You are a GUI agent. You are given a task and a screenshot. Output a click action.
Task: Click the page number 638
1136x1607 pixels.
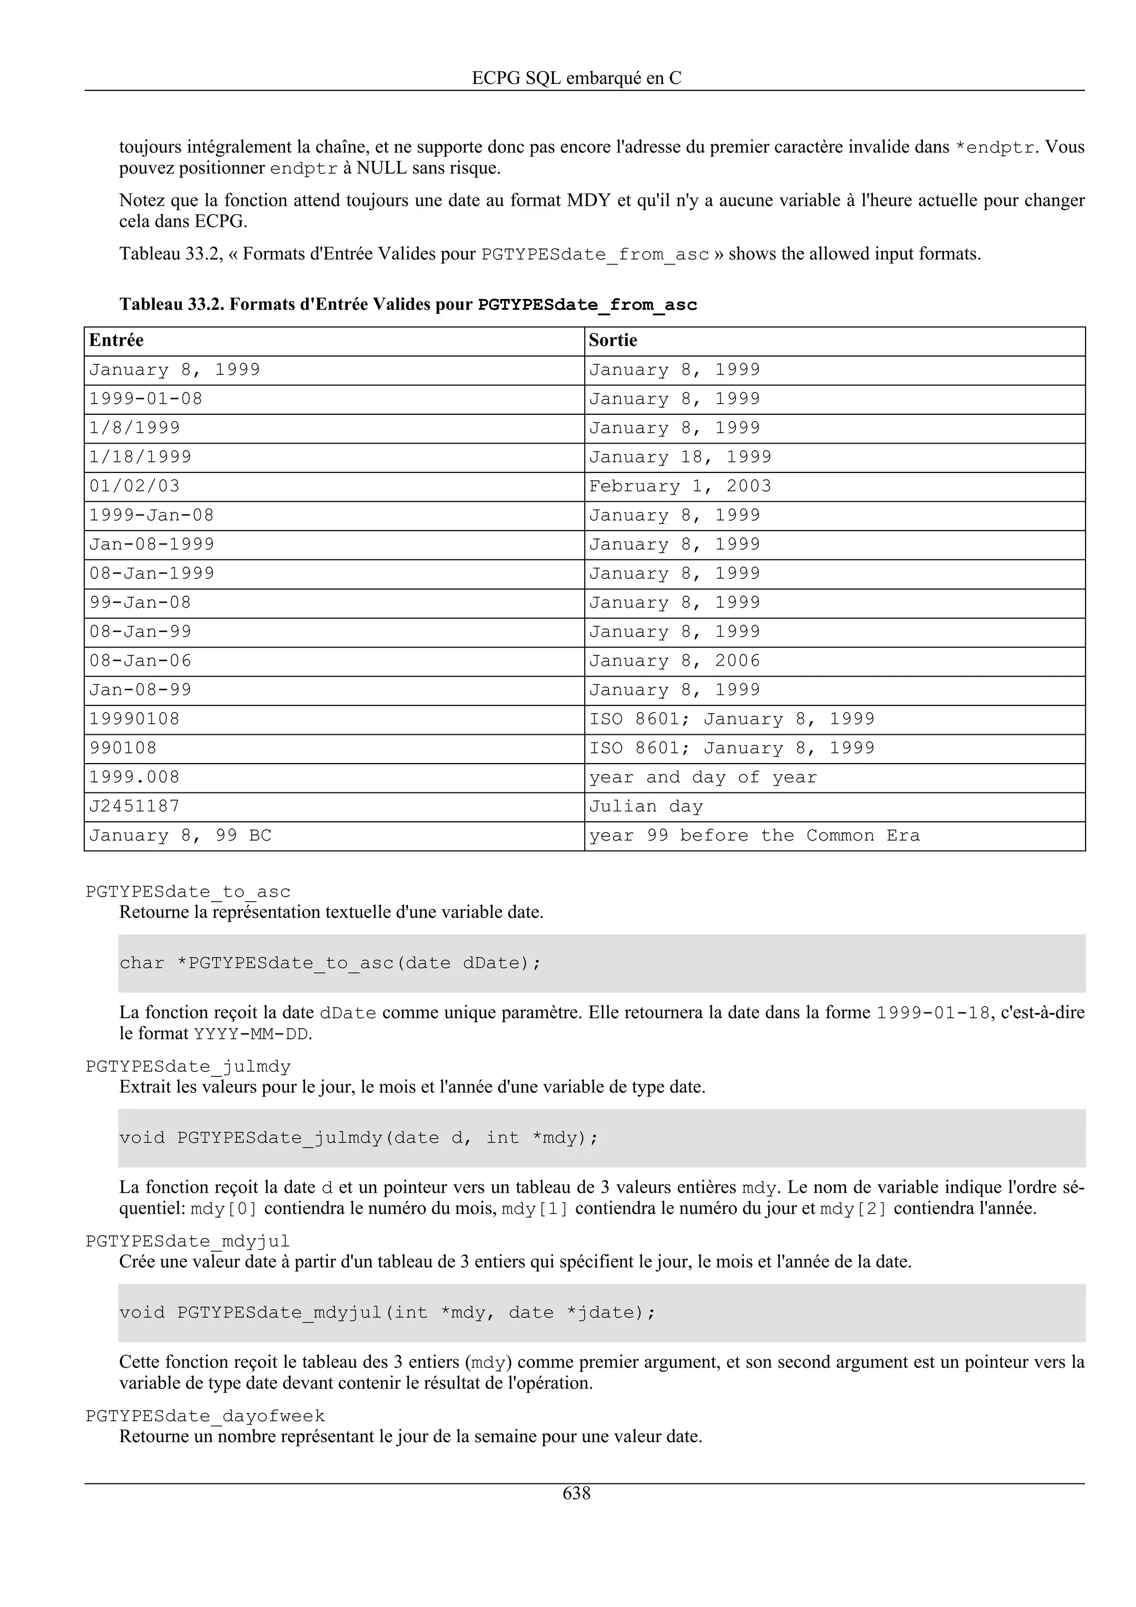click(576, 1494)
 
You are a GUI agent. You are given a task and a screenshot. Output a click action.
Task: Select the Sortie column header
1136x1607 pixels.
click(612, 341)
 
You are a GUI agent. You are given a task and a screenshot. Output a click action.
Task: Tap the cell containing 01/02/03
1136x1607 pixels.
click(134, 486)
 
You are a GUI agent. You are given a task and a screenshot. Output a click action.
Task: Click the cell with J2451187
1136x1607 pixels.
click(134, 806)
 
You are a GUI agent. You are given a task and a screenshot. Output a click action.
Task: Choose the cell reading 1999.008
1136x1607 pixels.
click(134, 777)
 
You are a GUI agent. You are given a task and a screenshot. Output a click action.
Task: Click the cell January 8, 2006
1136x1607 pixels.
click(674, 661)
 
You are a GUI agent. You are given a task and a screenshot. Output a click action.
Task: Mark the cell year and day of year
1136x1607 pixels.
click(703, 777)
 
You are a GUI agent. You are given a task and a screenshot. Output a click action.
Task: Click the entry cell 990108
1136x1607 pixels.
click(123, 747)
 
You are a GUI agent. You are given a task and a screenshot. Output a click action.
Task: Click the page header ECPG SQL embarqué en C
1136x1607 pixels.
click(576, 78)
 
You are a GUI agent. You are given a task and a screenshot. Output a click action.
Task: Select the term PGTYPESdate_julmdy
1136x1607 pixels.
click(187, 1067)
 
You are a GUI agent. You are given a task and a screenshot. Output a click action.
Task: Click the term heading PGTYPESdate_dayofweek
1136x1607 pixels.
click(205, 1417)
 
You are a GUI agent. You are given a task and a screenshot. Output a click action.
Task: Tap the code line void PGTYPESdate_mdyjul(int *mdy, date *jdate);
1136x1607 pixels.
click(387, 1313)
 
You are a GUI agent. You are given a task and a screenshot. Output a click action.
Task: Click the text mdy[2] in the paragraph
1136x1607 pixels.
click(853, 1209)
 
